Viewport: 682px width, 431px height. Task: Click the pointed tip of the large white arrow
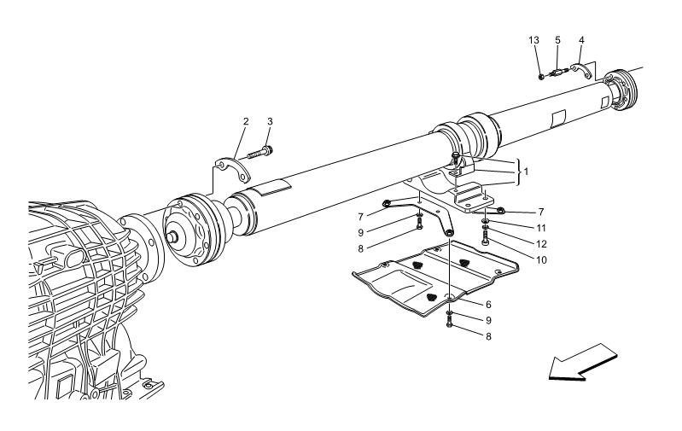[551, 374]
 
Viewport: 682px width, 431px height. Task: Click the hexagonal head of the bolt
[456, 155]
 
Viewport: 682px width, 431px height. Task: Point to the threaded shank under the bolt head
[456, 166]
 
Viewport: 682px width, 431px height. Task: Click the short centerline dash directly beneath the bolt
[456, 184]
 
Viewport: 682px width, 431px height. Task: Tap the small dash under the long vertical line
[449, 306]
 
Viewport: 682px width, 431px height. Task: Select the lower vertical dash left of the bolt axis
[419, 209]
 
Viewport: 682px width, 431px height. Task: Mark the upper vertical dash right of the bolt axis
[485, 195]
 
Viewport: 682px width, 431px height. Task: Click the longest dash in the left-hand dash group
[172, 206]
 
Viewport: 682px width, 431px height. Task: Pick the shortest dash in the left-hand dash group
[210, 195]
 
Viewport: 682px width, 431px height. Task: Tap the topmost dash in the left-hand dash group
[243, 158]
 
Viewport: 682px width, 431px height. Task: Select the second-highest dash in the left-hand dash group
[218, 166]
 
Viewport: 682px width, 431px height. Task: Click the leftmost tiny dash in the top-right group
[547, 76]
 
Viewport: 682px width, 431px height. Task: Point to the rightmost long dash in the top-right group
[635, 69]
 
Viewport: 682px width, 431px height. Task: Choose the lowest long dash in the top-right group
[603, 79]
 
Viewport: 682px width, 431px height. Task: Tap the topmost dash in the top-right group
[588, 63]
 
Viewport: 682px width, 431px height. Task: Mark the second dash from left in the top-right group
[572, 68]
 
